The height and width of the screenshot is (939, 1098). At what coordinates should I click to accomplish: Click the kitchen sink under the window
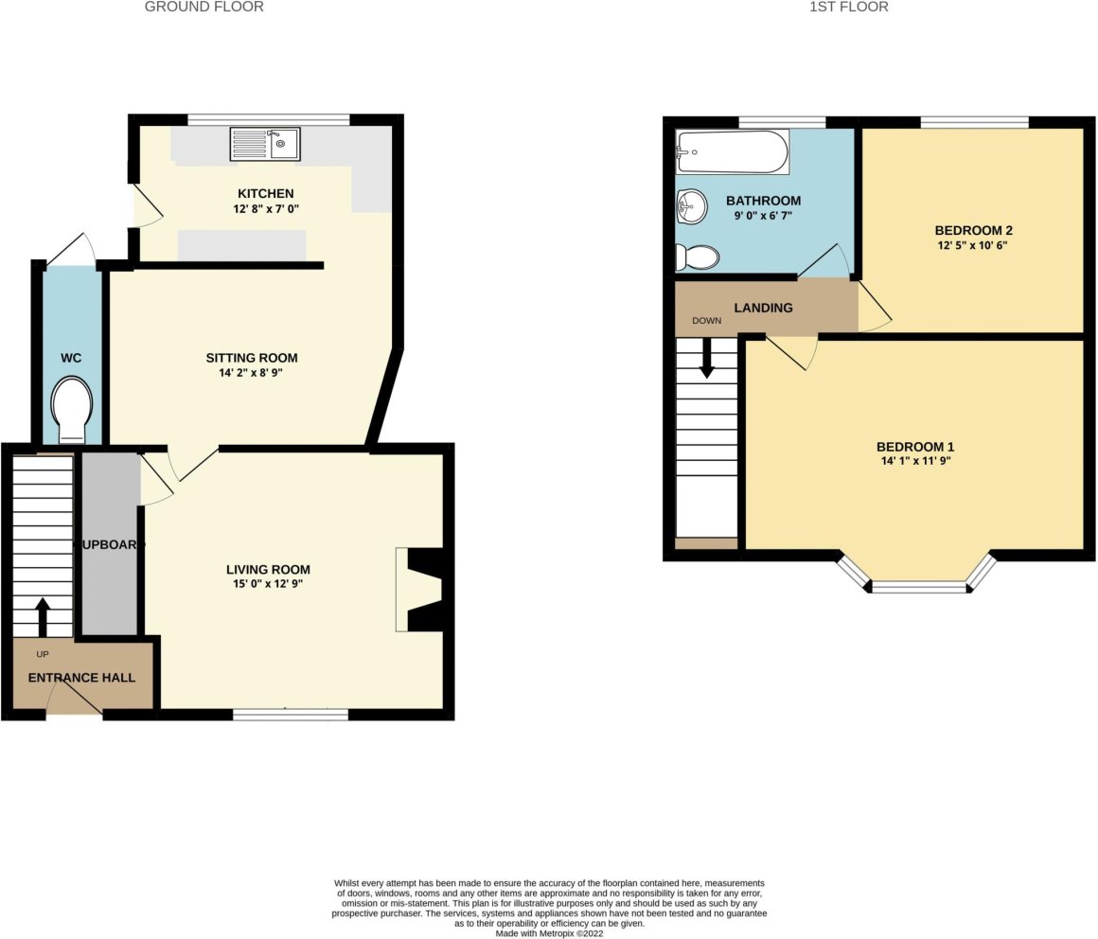[x=264, y=144]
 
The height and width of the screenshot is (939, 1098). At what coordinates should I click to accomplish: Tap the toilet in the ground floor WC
[x=72, y=410]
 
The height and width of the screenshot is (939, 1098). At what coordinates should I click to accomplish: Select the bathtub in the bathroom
[x=732, y=151]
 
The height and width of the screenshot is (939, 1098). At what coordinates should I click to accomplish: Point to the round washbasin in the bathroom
[x=692, y=204]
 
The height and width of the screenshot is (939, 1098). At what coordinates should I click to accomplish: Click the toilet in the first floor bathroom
[x=697, y=257]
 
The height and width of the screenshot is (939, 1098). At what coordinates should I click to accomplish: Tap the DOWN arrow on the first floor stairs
[x=706, y=359]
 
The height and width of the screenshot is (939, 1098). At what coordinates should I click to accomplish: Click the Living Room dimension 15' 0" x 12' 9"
[x=268, y=585]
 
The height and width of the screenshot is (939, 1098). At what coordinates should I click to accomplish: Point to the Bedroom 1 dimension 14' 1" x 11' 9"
[x=914, y=462]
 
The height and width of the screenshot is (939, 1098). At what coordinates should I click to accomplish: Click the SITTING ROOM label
[x=252, y=358]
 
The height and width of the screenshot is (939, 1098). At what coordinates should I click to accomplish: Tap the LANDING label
[x=763, y=308]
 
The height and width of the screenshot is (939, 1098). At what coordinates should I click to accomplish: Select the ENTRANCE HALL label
[x=81, y=678]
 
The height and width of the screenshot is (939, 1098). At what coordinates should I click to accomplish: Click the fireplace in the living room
[x=416, y=588]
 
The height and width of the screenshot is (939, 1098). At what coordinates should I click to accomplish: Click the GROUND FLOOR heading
[x=204, y=7]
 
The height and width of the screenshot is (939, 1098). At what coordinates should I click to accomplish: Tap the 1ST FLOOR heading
[x=848, y=7]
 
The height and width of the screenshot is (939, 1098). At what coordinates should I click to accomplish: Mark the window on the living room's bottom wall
[x=291, y=714]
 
